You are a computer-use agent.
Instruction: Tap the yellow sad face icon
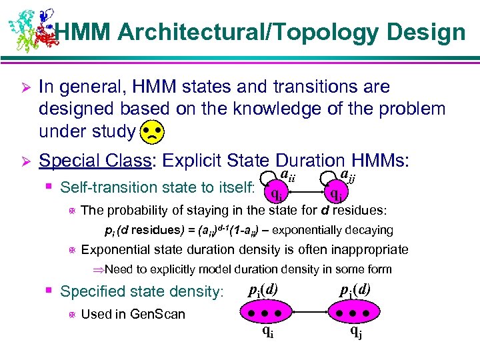(152, 133)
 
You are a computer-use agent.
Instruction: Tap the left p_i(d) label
(264, 290)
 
